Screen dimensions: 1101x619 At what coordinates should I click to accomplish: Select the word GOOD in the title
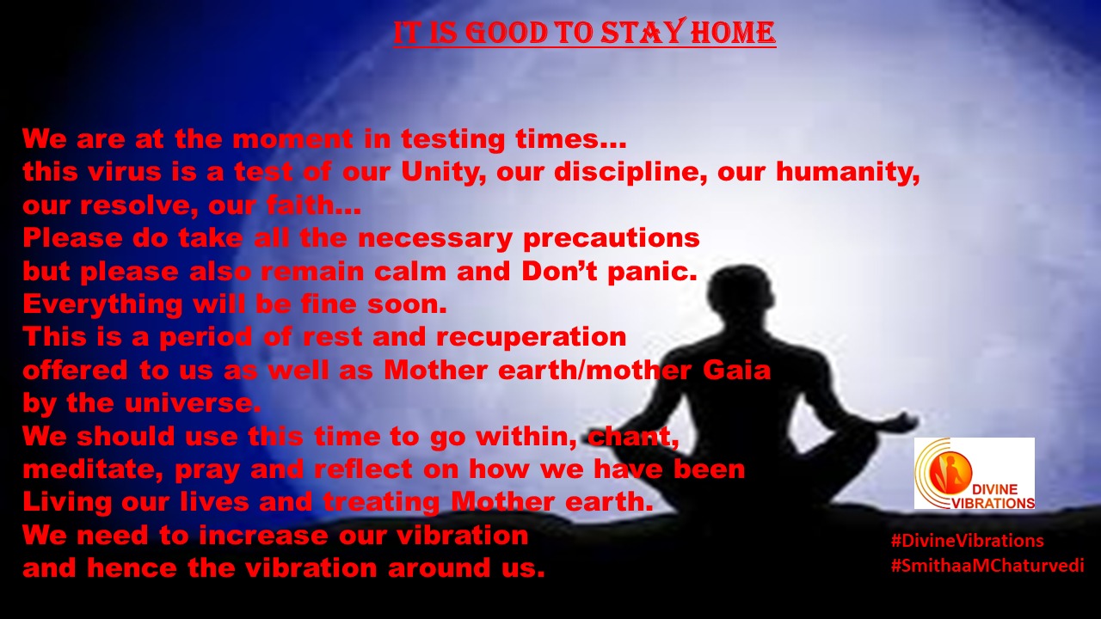[507, 34]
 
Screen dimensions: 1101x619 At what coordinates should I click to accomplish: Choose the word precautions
[611, 239]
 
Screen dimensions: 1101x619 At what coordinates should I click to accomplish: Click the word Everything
[102, 305]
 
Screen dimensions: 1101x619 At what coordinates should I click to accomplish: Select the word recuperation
[531, 338]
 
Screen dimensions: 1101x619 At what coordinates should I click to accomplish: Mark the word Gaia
[736, 370]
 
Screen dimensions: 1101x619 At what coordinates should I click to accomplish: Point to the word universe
[193, 403]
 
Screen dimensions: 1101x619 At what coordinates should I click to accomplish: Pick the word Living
[67, 503]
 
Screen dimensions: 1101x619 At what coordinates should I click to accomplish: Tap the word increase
[263, 535]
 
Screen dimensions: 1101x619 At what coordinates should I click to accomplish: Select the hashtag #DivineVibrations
[968, 541]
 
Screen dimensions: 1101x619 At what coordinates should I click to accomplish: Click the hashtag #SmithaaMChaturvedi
[987, 566]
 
